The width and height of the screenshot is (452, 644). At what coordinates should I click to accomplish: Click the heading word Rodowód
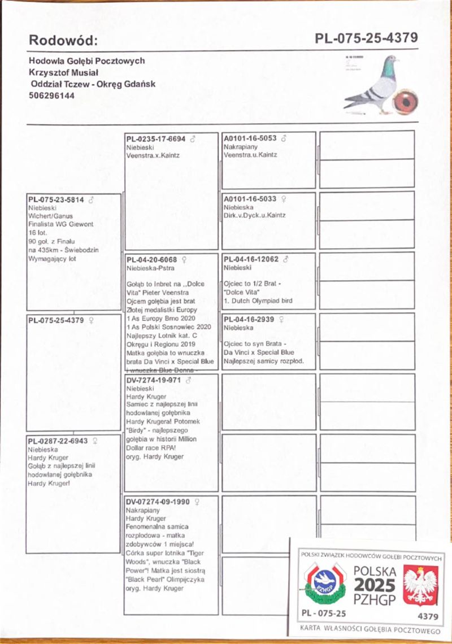(63, 40)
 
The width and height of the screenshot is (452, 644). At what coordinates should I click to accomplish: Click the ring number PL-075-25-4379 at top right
(366, 38)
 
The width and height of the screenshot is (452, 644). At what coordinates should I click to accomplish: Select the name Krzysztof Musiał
(63, 72)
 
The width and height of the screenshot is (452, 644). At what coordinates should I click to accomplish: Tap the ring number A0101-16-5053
(250, 138)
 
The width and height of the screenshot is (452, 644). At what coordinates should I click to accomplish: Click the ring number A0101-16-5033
(250, 199)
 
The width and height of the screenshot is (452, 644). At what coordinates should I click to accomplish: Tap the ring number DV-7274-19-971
(153, 380)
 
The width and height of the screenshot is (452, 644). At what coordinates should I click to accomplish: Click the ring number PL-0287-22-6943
(58, 441)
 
